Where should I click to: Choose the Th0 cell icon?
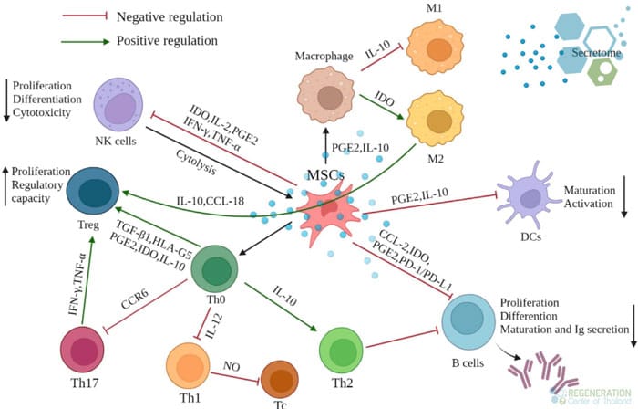216,270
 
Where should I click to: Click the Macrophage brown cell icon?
324,97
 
